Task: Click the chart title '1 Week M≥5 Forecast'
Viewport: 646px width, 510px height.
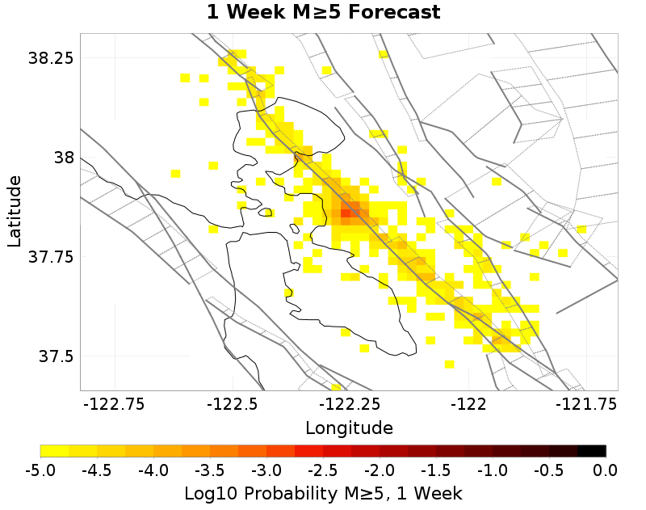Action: click(x=323, y=13)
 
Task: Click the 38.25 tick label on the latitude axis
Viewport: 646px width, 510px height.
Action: click(x=51, y=58)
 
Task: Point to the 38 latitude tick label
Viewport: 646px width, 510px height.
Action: click(x=62, y=157)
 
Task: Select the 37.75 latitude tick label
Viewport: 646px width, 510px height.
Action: click(x=51, y=257)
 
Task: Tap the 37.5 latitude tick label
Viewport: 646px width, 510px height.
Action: click(x=56, y=356)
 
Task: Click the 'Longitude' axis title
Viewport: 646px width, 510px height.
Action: click(x=349, y=428)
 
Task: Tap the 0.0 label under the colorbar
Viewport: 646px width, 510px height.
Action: click(x=606, y=470)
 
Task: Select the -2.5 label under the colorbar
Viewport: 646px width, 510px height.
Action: click(x=323, y=470)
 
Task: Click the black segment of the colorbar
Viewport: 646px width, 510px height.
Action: click(x=591, y=451)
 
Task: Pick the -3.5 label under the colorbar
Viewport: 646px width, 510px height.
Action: click(x=210, y=470)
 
